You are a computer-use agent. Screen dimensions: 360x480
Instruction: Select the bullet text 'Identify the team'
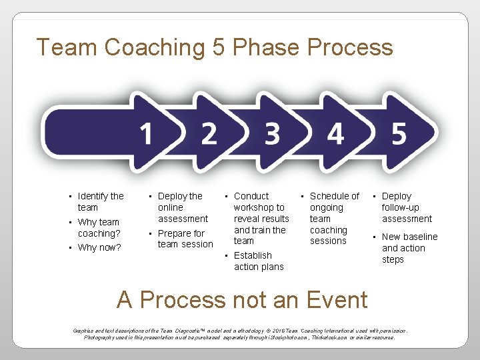(x=100, y=201)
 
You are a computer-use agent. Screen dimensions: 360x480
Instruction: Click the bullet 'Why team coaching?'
(x=99, y=227)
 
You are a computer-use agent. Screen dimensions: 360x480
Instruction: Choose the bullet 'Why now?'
(x=99, y=247)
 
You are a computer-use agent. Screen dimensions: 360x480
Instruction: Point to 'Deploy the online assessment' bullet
(x=182, y=207)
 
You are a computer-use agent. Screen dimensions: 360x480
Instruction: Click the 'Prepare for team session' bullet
(x=185, y=239)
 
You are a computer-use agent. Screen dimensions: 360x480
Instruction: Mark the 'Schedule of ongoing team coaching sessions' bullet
(x=333, y=218)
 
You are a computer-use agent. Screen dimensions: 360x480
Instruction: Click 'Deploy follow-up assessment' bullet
(x=406, y=207)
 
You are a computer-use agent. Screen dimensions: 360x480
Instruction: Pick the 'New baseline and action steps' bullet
(x=409, y=248)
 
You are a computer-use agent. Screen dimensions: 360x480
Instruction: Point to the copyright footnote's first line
(x=240, y=330)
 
